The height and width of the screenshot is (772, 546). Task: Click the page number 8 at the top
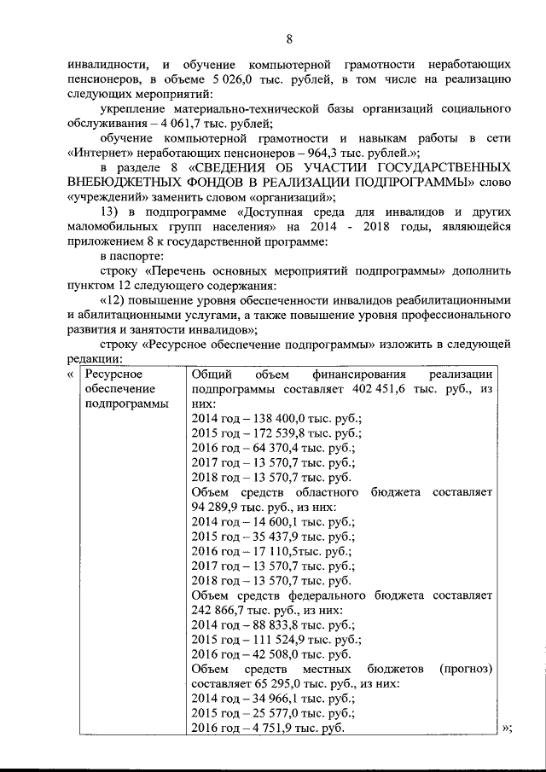point(289,38)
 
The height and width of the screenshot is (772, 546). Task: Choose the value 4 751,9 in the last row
point(279,731)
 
